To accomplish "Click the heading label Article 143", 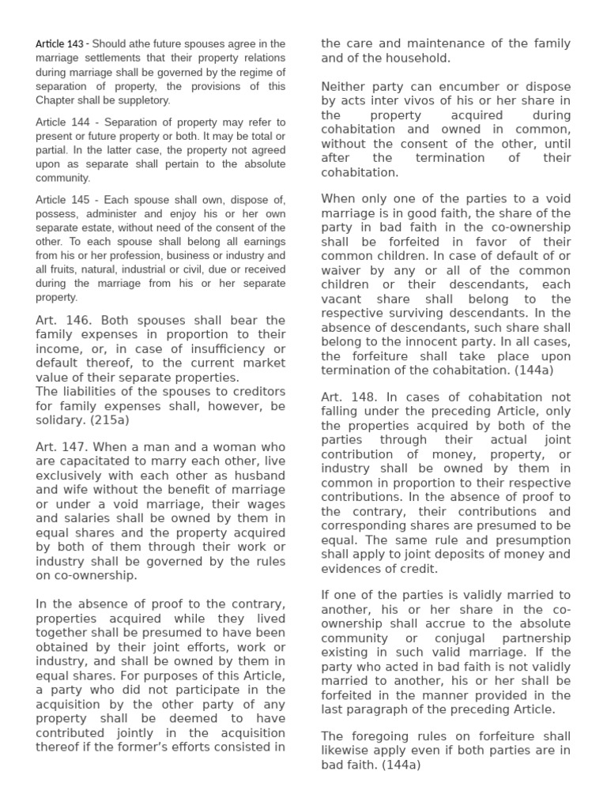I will click(x=59, y=44).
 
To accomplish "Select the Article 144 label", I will click(x=62, y=122).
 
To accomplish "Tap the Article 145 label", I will click(x=62, y=199).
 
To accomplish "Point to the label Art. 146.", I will click(x=64, y=320).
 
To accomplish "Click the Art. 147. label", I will click(x=64, y=446).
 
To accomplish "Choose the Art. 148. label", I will click(x=349, y=396).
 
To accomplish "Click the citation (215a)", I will click(x=91, y=420).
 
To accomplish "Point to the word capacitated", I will click(x=93, y=461).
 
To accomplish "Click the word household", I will click(x=419, y=58).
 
